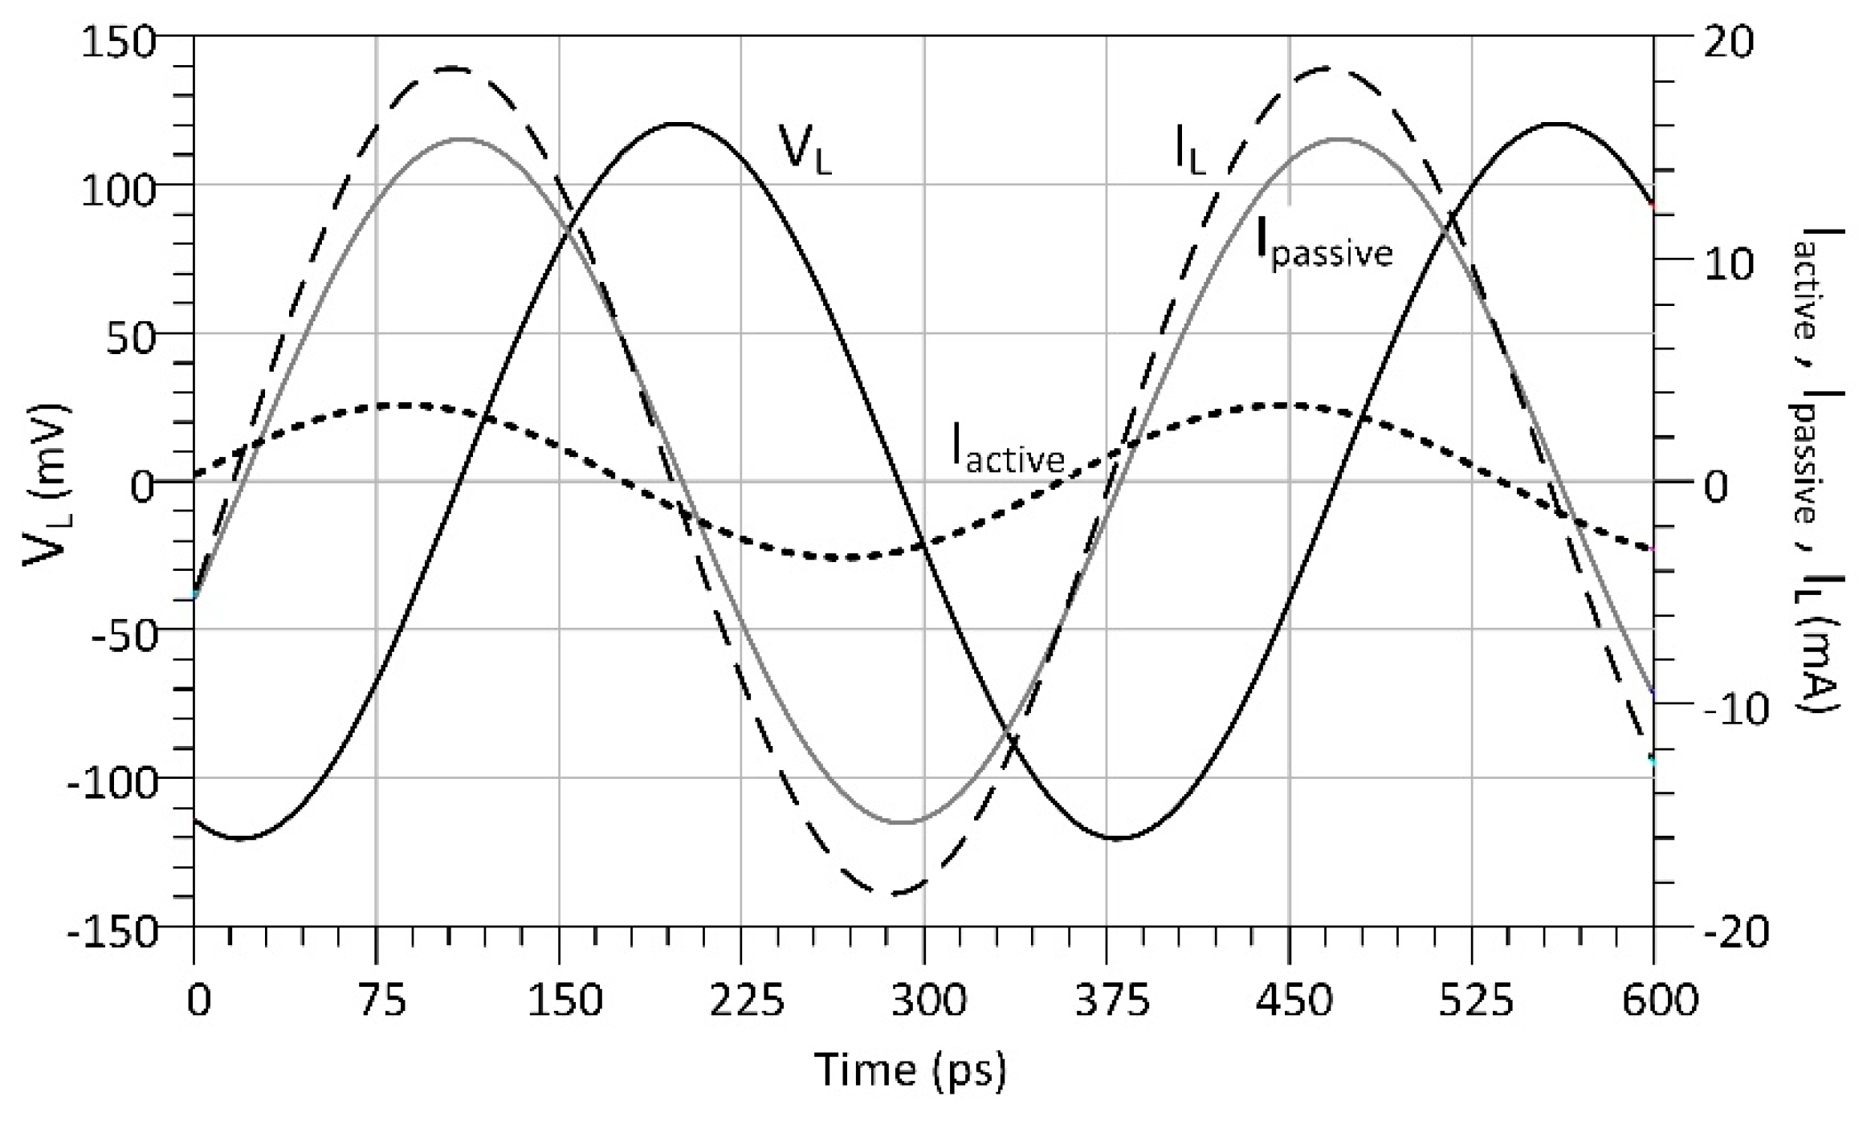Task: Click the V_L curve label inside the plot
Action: coord(805,148)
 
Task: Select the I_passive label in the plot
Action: coord(1324,245)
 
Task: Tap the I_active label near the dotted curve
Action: coord(1008,448)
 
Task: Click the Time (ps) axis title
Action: coord(910,1070)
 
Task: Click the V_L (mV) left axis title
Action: coord(46,486)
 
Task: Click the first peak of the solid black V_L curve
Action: coord(679,124)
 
